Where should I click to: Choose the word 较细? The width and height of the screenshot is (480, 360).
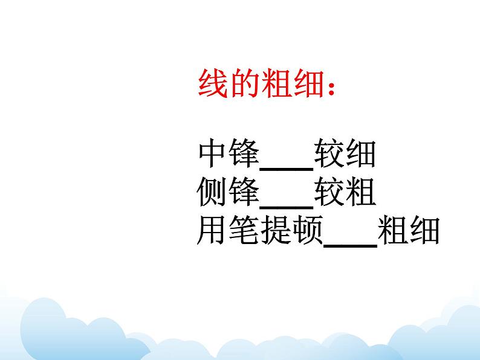click(345, 155)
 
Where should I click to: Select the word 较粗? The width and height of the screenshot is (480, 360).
click(345, 193)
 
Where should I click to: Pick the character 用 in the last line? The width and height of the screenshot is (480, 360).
click(212, 231)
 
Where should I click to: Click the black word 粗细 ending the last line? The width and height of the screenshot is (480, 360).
click(407, 231)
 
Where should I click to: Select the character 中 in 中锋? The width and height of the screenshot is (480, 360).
click(212, 155)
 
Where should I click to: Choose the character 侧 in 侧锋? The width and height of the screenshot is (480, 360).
click(212, 193)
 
